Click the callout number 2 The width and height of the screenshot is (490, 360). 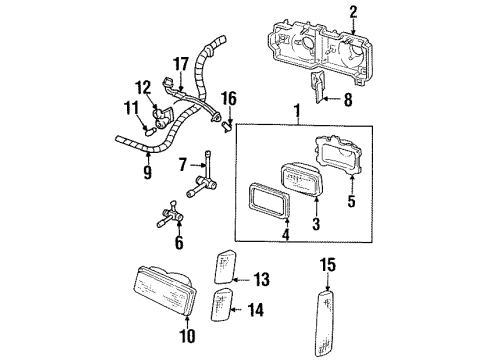coord(352,12)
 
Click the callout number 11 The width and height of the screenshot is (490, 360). coord(130,106)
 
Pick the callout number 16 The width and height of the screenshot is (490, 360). coord(228,97)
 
